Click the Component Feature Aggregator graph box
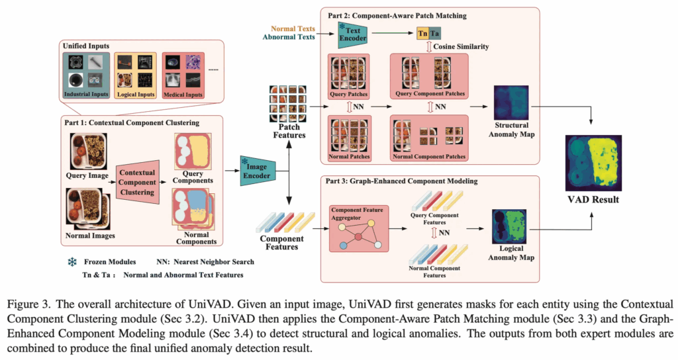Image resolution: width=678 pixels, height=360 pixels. pos(358,228)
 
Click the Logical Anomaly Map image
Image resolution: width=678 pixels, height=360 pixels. pos(508,227)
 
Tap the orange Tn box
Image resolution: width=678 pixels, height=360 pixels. pos(422,33)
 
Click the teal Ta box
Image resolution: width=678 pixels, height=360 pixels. pos(434,33)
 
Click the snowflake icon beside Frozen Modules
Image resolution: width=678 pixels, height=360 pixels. pos(70,261)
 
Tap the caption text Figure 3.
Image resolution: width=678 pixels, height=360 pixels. pos(36,305)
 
